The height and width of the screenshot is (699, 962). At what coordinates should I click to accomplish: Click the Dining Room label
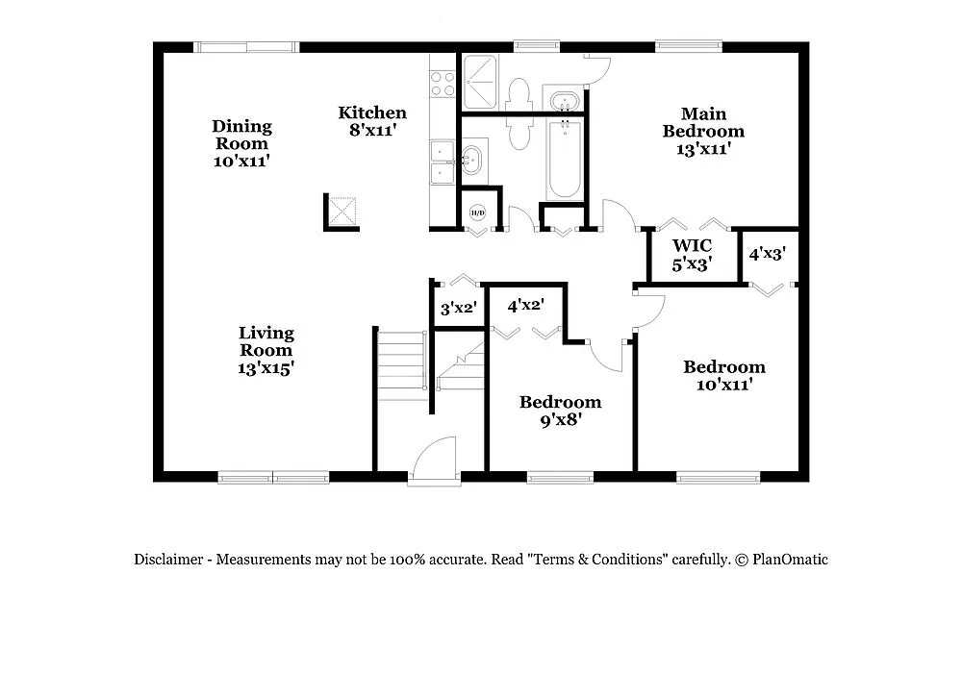point(241,143)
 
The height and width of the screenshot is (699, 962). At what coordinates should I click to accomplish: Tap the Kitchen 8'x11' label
point(371,121)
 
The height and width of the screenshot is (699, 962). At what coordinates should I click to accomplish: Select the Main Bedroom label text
point(703,131)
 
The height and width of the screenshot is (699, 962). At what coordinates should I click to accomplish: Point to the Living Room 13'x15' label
point(266,349)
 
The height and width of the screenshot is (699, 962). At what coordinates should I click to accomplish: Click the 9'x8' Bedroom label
point(560,411)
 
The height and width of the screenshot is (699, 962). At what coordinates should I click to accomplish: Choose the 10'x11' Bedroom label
point(724,375)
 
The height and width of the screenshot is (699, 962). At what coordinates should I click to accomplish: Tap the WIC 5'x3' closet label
point(693,255)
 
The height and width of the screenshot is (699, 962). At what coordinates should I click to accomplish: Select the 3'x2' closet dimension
point(459,309)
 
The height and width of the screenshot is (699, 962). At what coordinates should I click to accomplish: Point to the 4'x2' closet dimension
point(526,306)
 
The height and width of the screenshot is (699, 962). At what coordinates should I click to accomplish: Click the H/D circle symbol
point(477,212)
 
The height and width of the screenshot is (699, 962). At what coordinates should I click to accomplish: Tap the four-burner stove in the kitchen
point(443,83)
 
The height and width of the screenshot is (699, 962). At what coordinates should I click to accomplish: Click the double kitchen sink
point(443,162)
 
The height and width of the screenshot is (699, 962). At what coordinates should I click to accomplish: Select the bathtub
point(564,160)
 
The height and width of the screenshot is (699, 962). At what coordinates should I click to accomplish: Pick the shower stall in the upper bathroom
point(481,82)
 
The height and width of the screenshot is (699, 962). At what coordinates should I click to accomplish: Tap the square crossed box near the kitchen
point(342,211)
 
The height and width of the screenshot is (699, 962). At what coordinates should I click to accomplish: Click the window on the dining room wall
point(246,46)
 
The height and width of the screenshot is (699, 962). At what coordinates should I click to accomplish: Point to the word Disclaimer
point(168,560)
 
